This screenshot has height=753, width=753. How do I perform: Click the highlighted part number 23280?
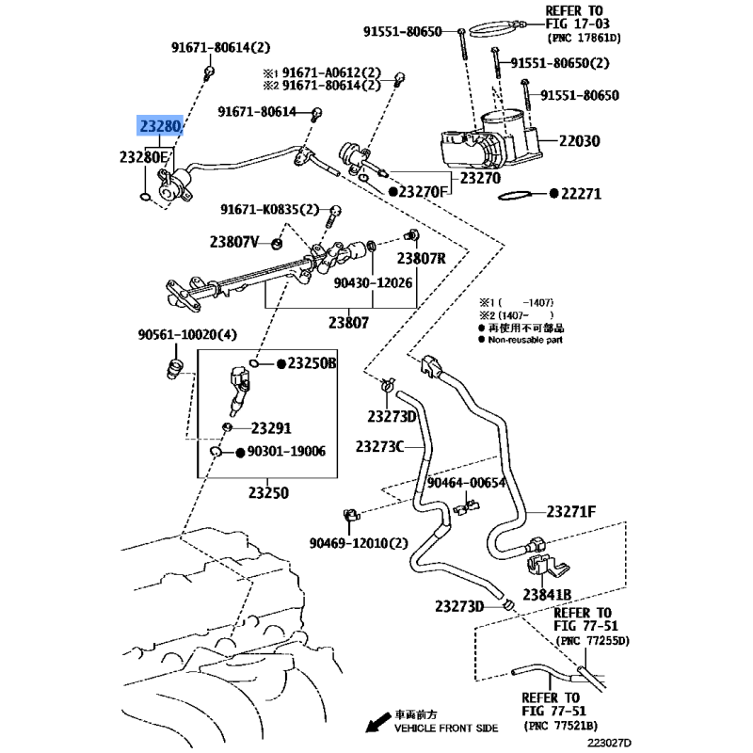[x=160, y=126]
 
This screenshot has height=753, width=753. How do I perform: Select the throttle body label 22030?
[x=580, y=141]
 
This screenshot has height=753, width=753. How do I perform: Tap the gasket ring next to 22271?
[x=515, y=195]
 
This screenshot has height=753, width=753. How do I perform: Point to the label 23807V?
[x=233, y=242]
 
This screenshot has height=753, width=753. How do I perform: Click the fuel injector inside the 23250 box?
[x=239, y=391]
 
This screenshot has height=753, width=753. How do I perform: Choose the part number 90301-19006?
[x=286, y=452]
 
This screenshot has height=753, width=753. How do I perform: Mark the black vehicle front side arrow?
[x=378, y=723]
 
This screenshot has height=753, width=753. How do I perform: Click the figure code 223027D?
[x=609, y=743]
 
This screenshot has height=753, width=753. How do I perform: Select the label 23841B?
[x=547, y=595]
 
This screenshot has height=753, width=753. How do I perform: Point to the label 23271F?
[x=571, y=512]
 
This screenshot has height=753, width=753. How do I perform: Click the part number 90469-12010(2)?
[x=359, y=543]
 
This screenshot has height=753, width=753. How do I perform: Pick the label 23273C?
[x=380, y=446]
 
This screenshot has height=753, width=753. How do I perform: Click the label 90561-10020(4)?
[x=187, y=334]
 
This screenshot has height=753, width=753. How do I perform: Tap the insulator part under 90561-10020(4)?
[x=174, y=369]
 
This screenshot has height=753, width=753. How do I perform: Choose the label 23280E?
[x=144, y=157]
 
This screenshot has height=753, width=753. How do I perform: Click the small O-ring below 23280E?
[x=146, y=197]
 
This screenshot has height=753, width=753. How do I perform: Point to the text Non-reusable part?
[x=525, y=340]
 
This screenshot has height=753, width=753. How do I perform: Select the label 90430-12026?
[x=373, y=283]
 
